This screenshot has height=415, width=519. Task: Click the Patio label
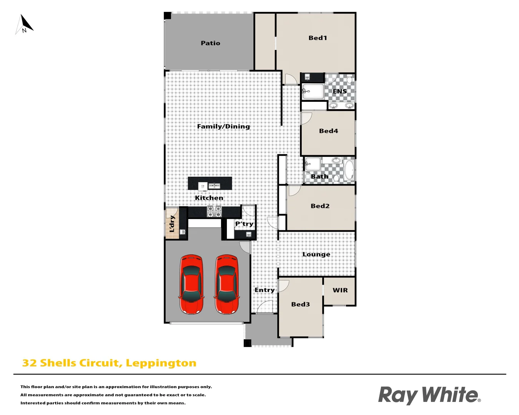pos(210,43)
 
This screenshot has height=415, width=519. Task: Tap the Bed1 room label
pos(318,38)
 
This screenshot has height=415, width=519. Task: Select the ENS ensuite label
pos(339,91)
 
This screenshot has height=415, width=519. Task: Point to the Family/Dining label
pos(223,126)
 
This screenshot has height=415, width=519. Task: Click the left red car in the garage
pos(191,284)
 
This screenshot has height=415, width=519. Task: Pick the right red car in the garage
pos(226,284)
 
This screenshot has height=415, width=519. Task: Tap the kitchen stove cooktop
pos(214,211)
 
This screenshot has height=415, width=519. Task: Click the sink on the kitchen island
pos(214,186)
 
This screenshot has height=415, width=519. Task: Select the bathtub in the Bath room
pos(349,170)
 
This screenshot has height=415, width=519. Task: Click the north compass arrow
pos(25,24)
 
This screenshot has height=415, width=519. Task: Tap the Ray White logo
pos(429,395)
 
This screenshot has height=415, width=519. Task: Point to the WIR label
pos(340,290)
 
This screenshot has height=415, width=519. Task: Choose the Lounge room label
pos(316,254)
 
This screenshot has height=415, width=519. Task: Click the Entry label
pos(264,290)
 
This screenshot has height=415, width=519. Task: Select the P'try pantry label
pos(244,224)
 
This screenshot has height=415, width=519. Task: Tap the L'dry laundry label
pos(172,224)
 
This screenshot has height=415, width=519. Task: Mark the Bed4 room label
pos(328,131)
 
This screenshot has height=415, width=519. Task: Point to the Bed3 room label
pos(300,304)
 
